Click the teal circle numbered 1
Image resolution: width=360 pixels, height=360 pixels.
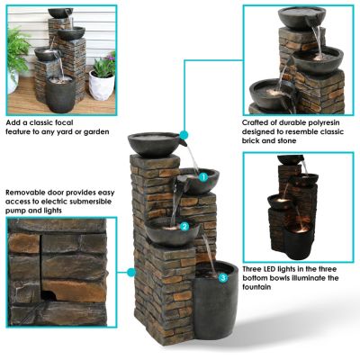[x=203, y=178]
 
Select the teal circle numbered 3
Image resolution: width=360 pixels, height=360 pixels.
[x=222, y=277]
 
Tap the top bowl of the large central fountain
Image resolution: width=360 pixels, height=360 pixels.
[x=158, y=143]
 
